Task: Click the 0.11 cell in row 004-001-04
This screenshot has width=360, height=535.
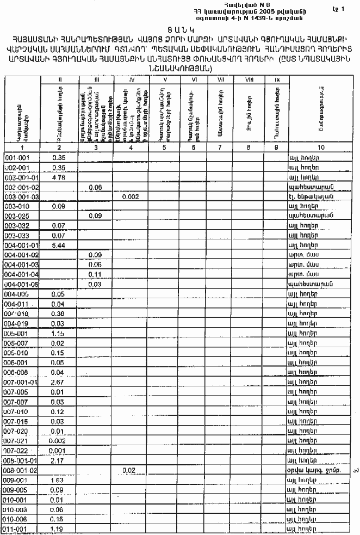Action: (x=95, y=274)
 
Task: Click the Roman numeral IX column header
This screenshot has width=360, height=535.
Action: (x=276, y=80)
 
